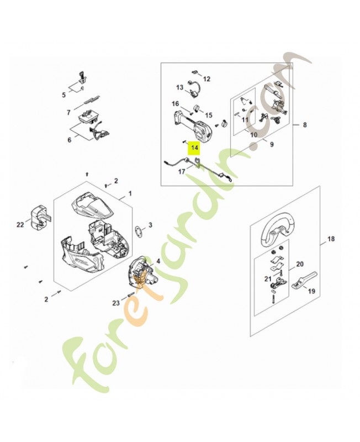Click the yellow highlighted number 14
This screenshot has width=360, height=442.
(x=194, y=148)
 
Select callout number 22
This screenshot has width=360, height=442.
(x=20, y=224)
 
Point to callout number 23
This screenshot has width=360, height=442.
(x=116, y=303)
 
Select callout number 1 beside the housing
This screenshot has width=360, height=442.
(x=130, y=193)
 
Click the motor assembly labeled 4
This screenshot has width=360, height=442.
(x=141, y=272)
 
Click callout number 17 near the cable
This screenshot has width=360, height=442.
(x=181, y=172)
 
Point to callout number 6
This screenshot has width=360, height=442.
(x=70, y=140)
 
